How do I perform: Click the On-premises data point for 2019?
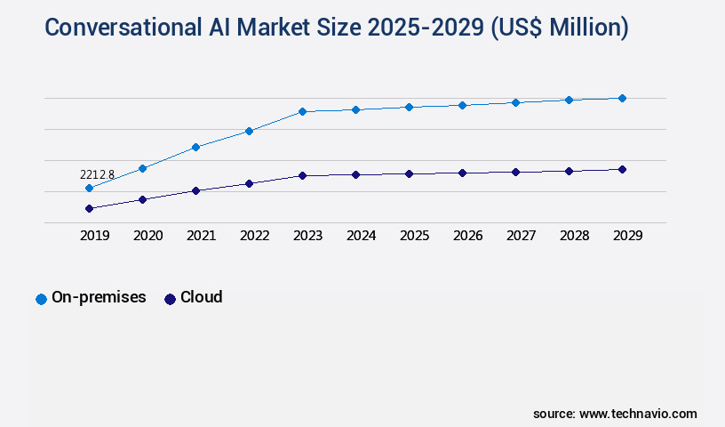(x=89, y=188)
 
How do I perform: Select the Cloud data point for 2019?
(x=89, y=208)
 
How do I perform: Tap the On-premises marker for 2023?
(x=302, y=111)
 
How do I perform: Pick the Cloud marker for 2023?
(x=302, y=175)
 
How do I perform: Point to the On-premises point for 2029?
(x=622, y=98)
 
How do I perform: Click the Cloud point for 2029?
(x=622, y=169)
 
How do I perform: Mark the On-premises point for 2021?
(x=195, y=147)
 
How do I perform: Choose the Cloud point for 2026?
(x=462, y=173)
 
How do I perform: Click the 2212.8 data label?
(x=97, y=174)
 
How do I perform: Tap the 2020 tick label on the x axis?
(x=148, y=236)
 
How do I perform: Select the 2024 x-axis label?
(x=362, y=236)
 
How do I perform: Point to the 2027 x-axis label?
(x=522, y=236)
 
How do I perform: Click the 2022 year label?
(x=255, y=236)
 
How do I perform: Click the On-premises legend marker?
(x=41, y=299)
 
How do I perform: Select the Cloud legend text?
(x=201, y=297)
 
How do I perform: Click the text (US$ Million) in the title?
(x=559, y=28)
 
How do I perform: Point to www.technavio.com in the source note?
(x=638, y=414)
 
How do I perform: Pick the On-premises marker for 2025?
(x=409, y=107)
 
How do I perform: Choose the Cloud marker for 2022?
(x=249, y=183)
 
